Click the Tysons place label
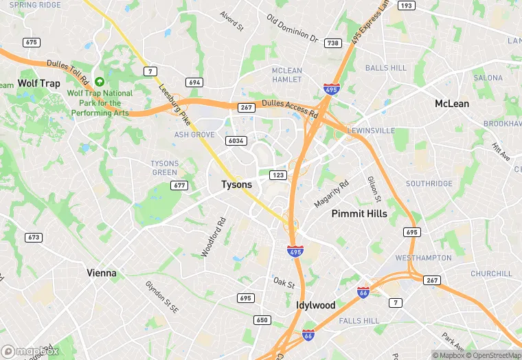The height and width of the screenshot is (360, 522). [236, 185]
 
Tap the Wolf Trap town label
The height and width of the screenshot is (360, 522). [38, 83]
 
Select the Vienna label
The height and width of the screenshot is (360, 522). [101, 273]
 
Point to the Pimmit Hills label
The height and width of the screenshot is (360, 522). [359, 214]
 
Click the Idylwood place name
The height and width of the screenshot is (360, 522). [315, 305]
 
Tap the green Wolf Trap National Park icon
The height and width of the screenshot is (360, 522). [100, 82]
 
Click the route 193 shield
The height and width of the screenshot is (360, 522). [407, 5]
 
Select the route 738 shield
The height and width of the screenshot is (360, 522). [333, 43]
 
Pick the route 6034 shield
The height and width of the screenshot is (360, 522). [236, 140]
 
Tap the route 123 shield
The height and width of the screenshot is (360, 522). [277, 175]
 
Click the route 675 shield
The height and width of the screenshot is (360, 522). [31, 42]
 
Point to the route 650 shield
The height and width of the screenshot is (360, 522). [262, 319]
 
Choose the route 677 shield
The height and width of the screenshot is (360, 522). [181, 185]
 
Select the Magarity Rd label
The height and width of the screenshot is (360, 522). [331, 194]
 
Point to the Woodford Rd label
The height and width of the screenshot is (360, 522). [214, 238]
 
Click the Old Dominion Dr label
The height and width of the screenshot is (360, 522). [293, 29]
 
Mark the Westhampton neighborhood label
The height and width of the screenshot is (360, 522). [423, 258]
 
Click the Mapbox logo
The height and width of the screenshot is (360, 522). [30, 351]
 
